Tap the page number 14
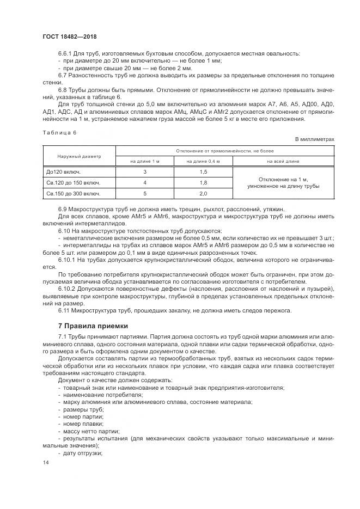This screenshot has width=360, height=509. [x=45, y=462]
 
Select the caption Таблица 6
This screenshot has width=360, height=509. [x=59, y=132]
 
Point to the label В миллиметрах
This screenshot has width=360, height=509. [x=315, y=140]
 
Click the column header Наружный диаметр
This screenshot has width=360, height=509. [x=79, y=156]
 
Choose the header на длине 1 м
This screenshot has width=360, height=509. [x=145, y=161]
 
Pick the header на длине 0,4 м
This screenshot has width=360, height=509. [x=203, y=161]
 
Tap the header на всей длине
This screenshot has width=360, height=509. [x=283, y=161]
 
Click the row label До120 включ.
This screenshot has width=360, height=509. [x=64, y=172]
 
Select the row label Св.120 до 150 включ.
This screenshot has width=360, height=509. [x=73, y=182]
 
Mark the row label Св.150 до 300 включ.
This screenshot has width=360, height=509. [x=73, y=193]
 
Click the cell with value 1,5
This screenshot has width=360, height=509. [x=203, y=172]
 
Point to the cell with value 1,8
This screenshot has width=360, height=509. [x=203, y=182]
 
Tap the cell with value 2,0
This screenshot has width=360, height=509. [x=203, y=193]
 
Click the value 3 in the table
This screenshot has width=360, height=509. [x=145, y=172]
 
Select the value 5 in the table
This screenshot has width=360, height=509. [x=145, y=193]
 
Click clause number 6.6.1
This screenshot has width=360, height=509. [x=66, y=53]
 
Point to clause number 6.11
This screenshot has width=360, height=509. [x=64, y=310]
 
